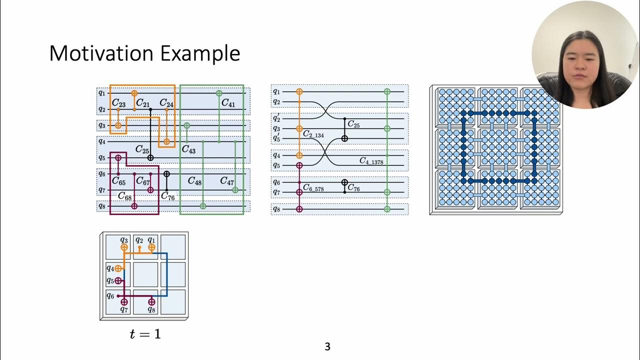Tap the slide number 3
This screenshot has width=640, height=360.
tap(327, 346)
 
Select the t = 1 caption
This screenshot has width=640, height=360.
tap(145, 334)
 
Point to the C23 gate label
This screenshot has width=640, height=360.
tap(118, 103)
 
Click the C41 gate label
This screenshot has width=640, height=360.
tap(228, 103)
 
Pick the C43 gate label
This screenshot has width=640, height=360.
tap(188, 149)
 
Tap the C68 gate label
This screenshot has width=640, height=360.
tap(124, 196)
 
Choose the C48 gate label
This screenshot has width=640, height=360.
tap(194, 181)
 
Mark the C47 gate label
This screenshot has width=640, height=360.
tap(227, 181)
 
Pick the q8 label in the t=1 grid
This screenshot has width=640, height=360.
tap(151, 309)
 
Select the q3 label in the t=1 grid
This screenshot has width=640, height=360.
tap(124, 240)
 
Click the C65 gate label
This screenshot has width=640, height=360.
tap(118, 181)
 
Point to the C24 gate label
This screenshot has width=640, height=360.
tap(166, 103)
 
